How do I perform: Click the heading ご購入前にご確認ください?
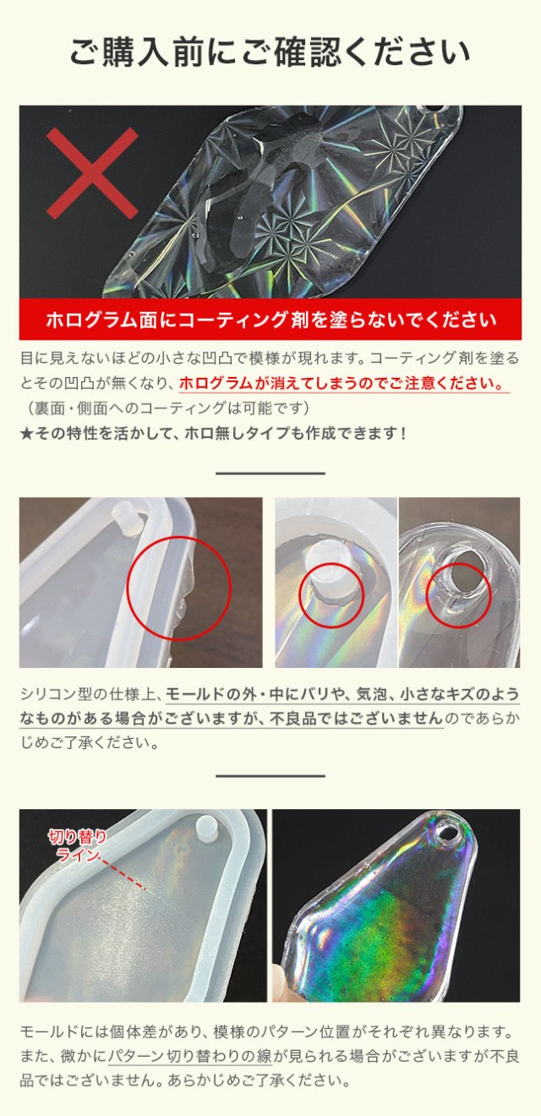pos(270,52)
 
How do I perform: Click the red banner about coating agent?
pos(270,320)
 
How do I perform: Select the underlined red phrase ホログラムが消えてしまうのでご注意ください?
pos(344,383)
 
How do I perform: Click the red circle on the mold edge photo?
pos(178,588)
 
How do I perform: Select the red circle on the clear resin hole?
pos(457,593)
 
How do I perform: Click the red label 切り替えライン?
pos(77,845)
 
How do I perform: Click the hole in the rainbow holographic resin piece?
pos(451,834)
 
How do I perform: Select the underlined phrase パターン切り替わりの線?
pos(188,1057)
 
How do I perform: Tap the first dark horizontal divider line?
pos(270,473)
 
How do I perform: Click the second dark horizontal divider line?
pos(270,775)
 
